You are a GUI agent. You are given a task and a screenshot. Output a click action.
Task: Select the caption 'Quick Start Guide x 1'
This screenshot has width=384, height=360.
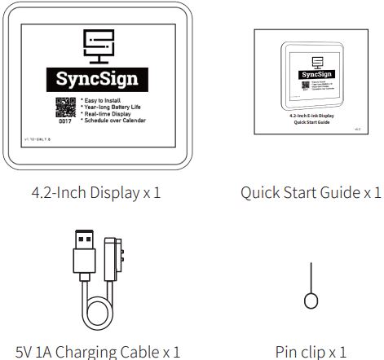[x=311, y=193]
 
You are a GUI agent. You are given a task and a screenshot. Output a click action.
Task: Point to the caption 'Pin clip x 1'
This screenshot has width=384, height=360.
[x=311, y=352]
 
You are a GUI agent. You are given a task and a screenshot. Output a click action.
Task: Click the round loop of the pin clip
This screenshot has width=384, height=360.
[x=310, y=301]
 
